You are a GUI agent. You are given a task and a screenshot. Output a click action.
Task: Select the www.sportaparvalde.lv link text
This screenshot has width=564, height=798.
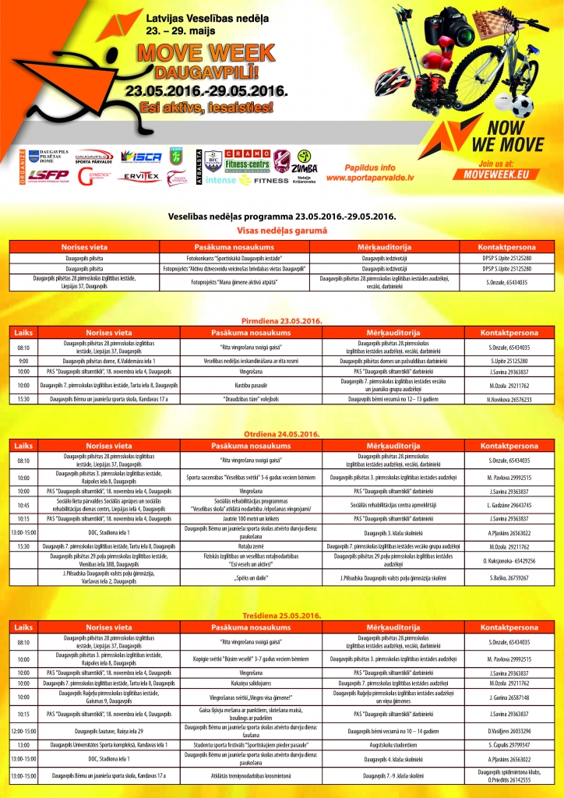coord(374,178)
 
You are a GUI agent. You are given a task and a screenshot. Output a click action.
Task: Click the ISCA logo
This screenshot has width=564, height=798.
coord(141,157)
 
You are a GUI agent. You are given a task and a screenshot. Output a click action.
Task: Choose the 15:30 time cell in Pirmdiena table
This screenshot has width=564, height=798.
coord(23,399)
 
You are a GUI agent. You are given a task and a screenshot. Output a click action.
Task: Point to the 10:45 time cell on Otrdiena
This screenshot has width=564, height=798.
coord(23,505)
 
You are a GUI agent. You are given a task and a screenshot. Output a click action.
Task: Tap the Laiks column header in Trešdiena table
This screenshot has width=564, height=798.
coord(23,627)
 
